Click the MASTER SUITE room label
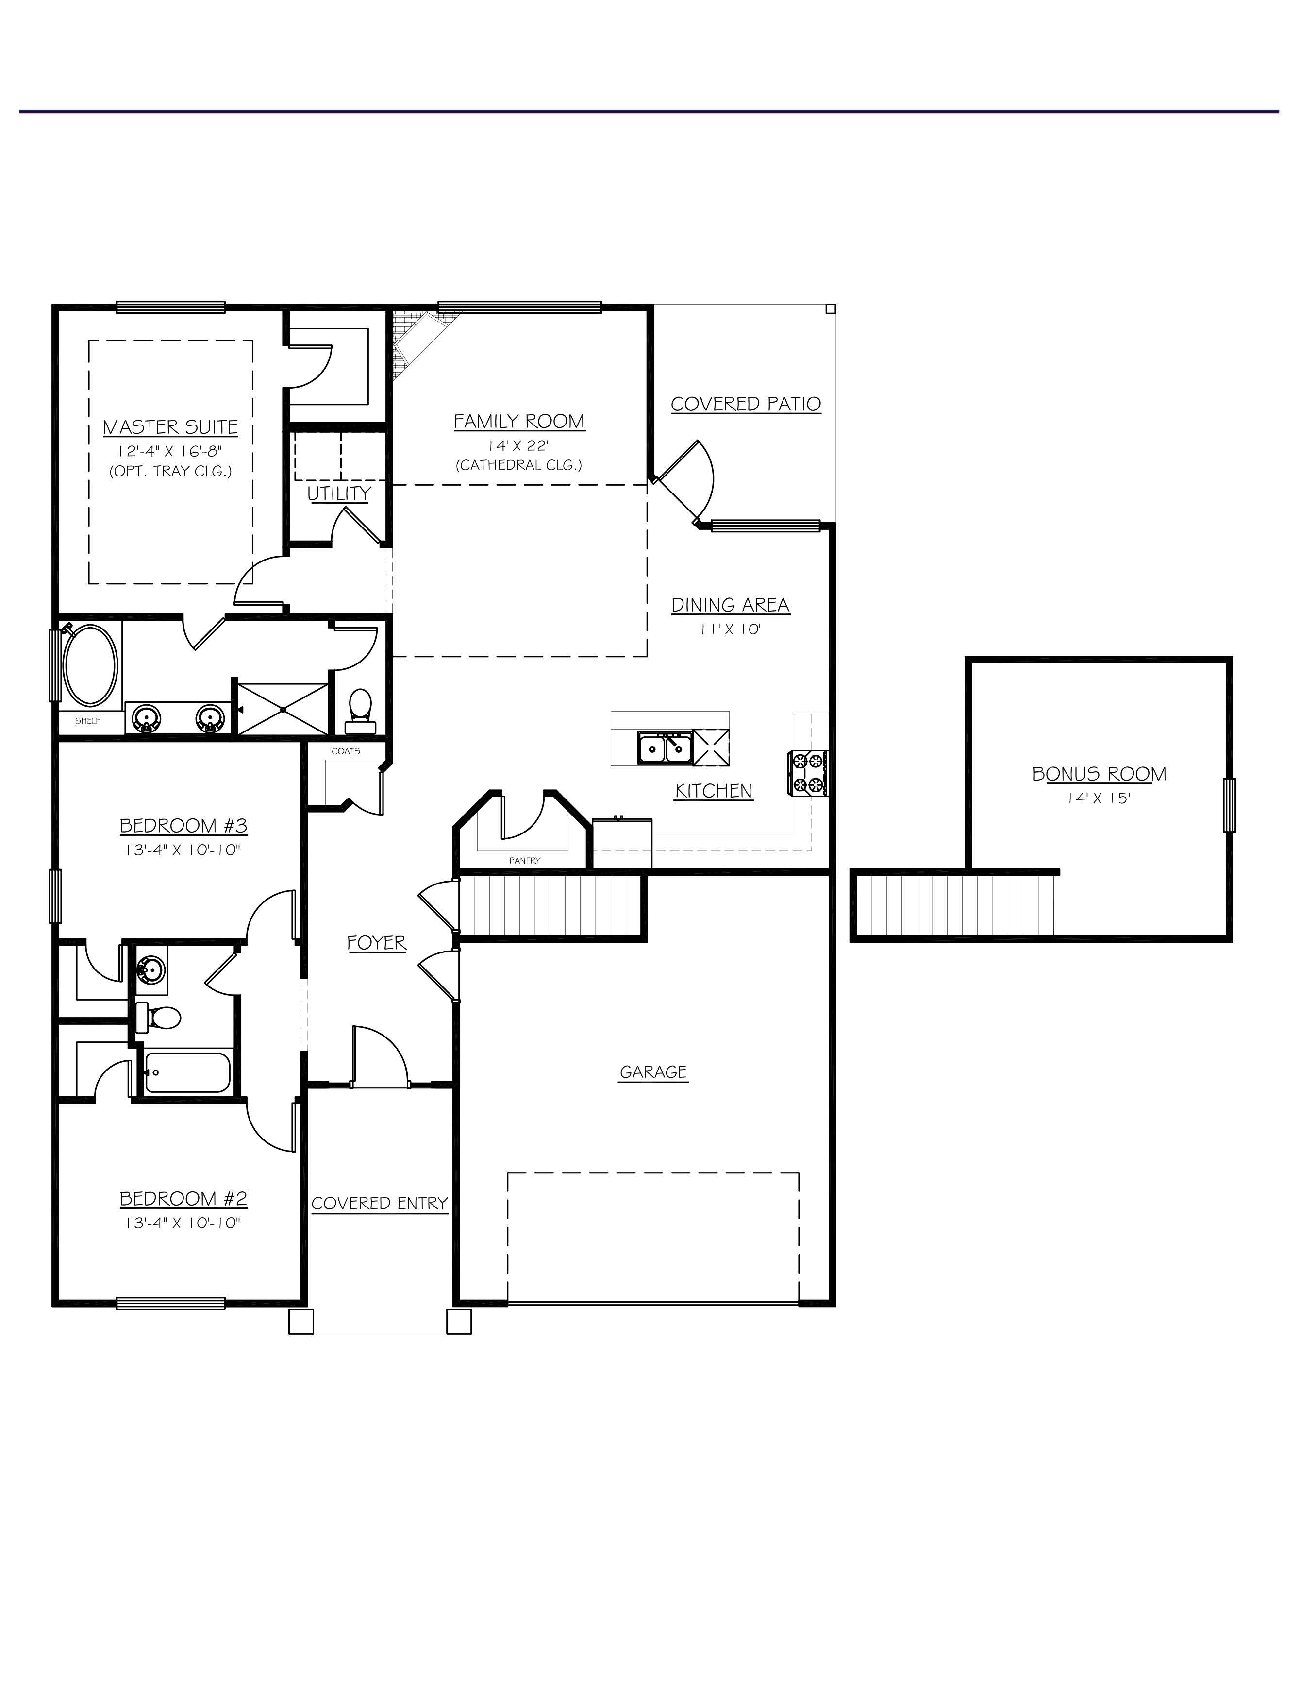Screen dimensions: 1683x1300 pyautogui.click(x=170, y=427)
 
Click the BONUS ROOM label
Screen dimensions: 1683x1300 pyautogui.click(x=1099, y=774)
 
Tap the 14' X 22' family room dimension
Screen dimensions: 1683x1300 pyautogui.click(x=518, y=445)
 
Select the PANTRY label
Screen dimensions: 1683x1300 pyautogui.click(x=524, y=860)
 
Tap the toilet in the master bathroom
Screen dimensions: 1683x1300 pyautogui.click(x=360, y=711)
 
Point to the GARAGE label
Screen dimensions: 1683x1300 pyautogui.click(x=653, y=1072)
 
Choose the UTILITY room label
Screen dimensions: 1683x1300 pyautogui.click(x=339, y=493)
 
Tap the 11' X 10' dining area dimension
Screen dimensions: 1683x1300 pyautogui.click(x=730, y=629)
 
